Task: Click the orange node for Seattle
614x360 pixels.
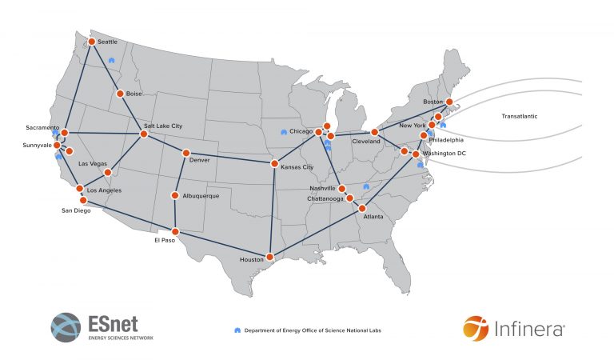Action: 93,42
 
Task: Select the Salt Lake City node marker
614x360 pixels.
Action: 144,134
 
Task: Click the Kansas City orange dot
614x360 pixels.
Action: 275,166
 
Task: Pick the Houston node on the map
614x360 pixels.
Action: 270,257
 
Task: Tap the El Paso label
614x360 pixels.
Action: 164,239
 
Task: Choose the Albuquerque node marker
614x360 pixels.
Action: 175,196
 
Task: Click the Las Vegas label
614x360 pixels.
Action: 92,164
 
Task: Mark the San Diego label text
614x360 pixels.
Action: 77,211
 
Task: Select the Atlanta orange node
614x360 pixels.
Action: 362,208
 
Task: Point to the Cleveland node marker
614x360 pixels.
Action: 374,132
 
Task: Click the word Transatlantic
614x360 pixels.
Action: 520,117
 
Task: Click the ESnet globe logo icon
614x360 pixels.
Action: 66,327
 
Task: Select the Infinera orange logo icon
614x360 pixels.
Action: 475,327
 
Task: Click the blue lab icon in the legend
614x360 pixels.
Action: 237,330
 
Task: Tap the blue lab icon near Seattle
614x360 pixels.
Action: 111,59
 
